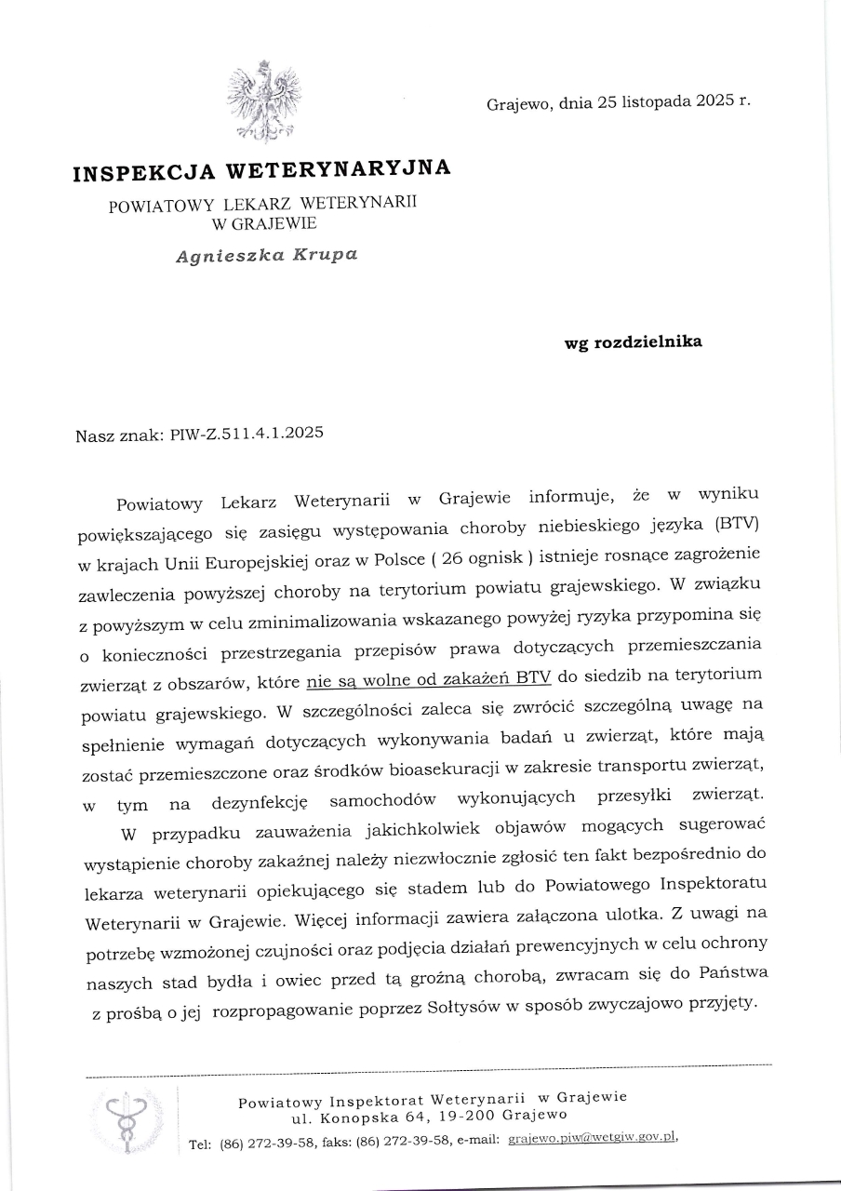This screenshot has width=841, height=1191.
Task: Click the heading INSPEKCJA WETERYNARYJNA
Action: point(261,170)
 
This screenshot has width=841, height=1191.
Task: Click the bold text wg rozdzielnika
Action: point(634,341)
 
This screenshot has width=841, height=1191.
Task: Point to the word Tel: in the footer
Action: point(199,1144)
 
